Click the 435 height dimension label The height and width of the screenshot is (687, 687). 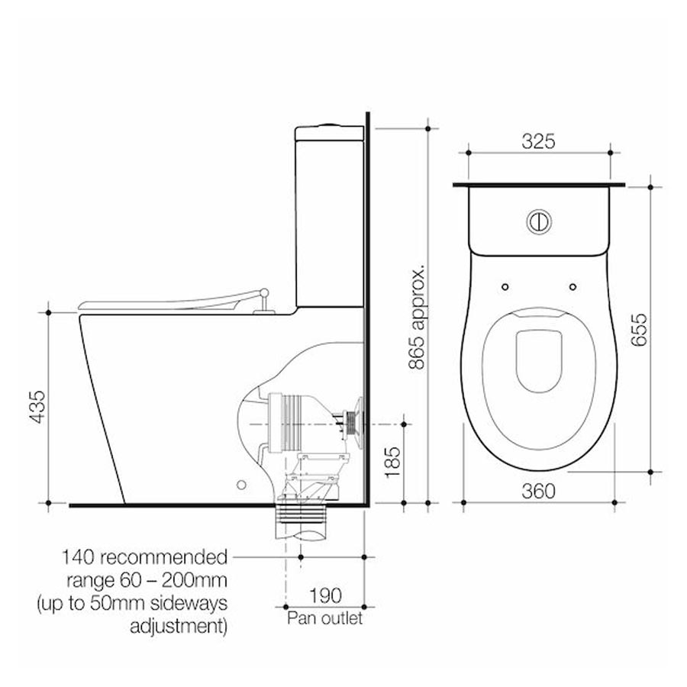pos(38,407)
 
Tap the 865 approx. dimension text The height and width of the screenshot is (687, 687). pos(417,316)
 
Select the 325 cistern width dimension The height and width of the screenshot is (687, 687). pos(538,141)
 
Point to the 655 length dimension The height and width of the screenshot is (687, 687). pos(639,330)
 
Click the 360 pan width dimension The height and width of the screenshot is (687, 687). pos(538,491)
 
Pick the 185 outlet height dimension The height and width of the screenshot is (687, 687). pos(392,462)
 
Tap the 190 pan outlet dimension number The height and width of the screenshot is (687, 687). pos(325,595)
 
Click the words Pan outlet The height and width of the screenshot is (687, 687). pos(324,618)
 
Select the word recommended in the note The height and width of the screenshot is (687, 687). pos(164,557)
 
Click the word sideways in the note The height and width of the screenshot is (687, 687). pos(189,603)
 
